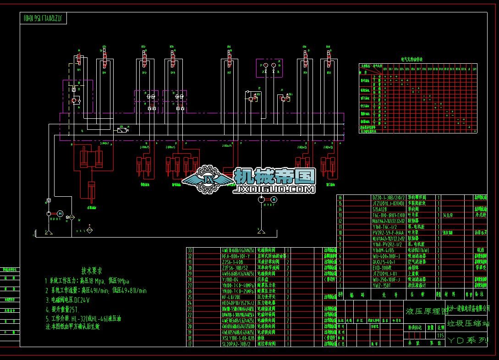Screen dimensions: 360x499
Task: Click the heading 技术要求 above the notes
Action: click(x=92, y=271)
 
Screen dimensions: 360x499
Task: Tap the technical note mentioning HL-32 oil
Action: click(x=83, y=318)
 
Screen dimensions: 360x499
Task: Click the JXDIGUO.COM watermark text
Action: click(x=274, y=188)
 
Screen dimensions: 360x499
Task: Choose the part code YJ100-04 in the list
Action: click(x=230, y=279)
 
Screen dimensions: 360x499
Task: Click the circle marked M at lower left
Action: click(x=59, y=214)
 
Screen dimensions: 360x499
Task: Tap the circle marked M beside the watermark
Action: click(x=274, y=199)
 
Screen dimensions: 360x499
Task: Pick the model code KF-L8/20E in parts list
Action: click(x=231, y=297)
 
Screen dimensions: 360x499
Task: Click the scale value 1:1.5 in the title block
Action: click(x=441, y=335)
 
